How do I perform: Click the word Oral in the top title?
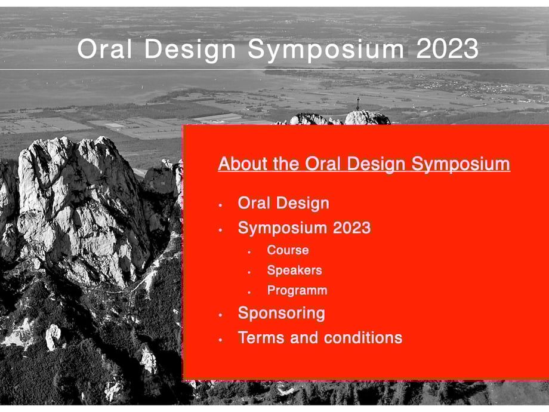point(104,49)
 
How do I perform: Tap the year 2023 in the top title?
point(447,49)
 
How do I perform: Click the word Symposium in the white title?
point(326,50)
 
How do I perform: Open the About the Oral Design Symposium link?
point(364,164)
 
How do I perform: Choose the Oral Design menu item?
point(283,203)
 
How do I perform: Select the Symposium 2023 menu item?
point(304,227)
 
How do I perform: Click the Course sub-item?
point(288,250)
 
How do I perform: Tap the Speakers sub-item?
point(294,270)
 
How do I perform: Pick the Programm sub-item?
point(297,290)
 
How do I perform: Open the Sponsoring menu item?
point(282,313)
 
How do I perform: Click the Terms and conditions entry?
point(320,337)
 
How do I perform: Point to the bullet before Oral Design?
point(220,205)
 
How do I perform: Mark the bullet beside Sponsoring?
point(220,315)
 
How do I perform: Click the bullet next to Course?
point(249,252)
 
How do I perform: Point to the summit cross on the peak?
point(358,104)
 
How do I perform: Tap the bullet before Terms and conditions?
point(220,340)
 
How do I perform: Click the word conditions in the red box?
point(363,337)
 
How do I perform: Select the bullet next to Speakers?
point(249,272)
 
